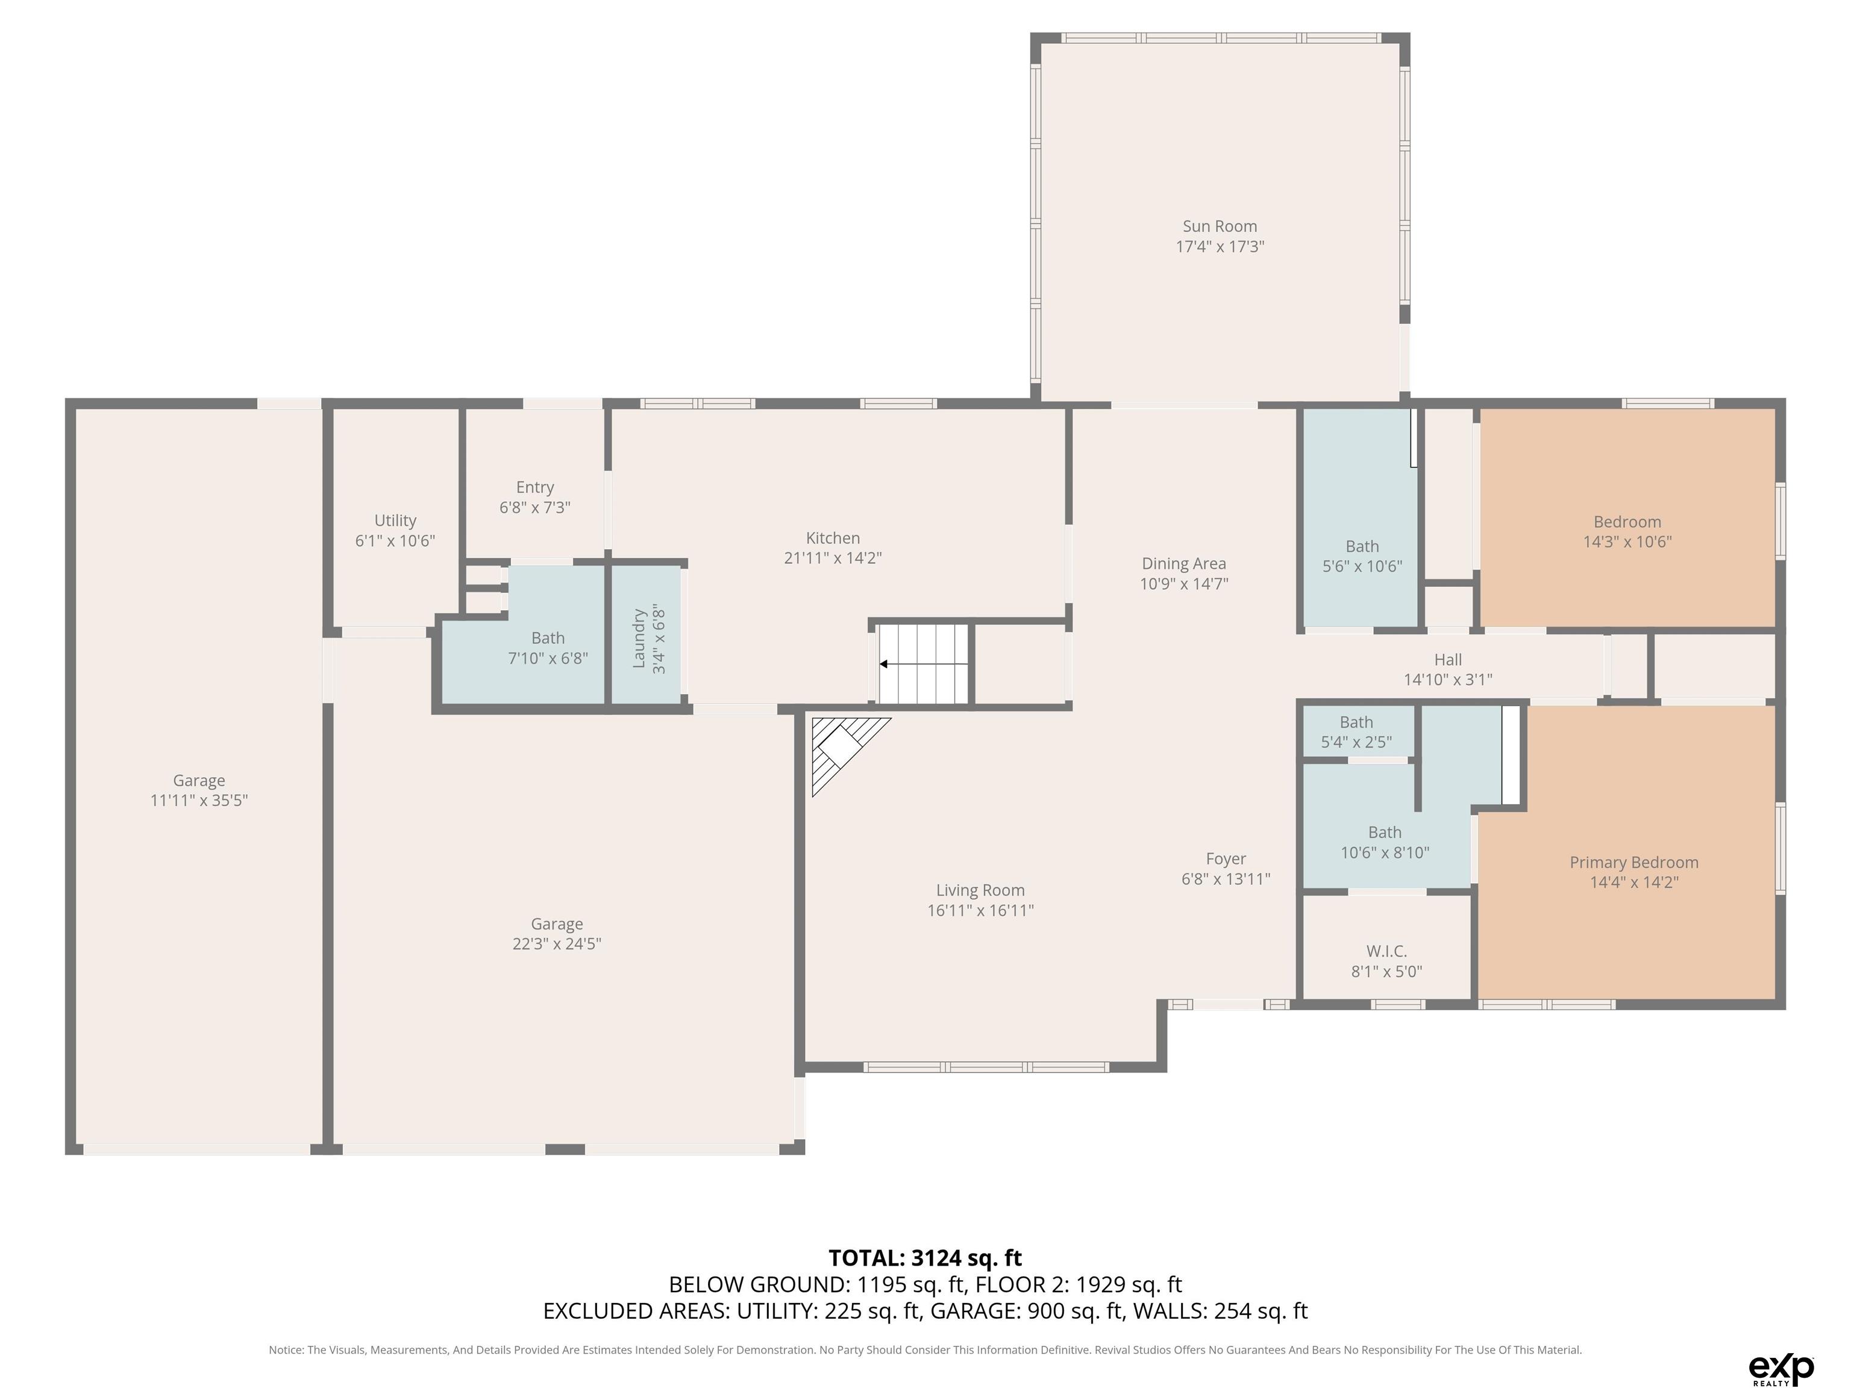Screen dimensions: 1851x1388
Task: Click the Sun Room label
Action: coord(1219,226)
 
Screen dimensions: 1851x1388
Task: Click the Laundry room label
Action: coord(639,639)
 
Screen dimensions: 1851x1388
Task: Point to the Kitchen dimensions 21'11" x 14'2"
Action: coord(833,558)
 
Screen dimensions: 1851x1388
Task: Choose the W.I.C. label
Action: coord(1386,951)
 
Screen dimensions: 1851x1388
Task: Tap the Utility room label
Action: coord(395,520)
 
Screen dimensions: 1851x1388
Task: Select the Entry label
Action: coord(534,487)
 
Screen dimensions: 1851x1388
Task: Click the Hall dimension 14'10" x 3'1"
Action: coord(1448,680)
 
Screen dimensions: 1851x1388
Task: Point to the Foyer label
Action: coord(1226,858)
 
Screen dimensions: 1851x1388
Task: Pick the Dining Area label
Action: coord(1183,564)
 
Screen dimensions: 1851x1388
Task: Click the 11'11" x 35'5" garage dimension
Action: coord(199,801)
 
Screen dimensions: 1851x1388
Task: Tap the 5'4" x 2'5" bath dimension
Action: coord(1356,742)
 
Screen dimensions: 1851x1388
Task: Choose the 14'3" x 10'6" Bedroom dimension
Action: coord(1627,542)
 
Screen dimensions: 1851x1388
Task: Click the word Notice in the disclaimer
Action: coord(286,1349)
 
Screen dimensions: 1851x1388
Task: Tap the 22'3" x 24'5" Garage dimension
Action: coord(557,945)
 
